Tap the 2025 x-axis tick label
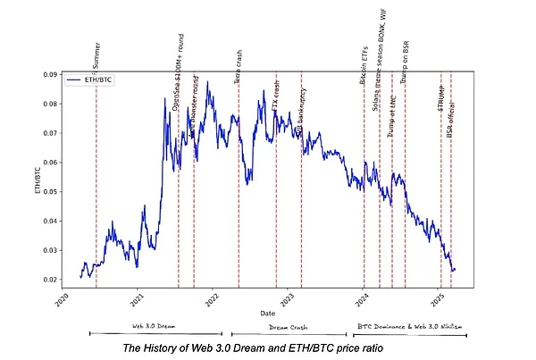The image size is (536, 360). pos(438,302)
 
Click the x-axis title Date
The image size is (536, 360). pos(267,314)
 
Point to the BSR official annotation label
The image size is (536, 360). pos(451,117)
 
